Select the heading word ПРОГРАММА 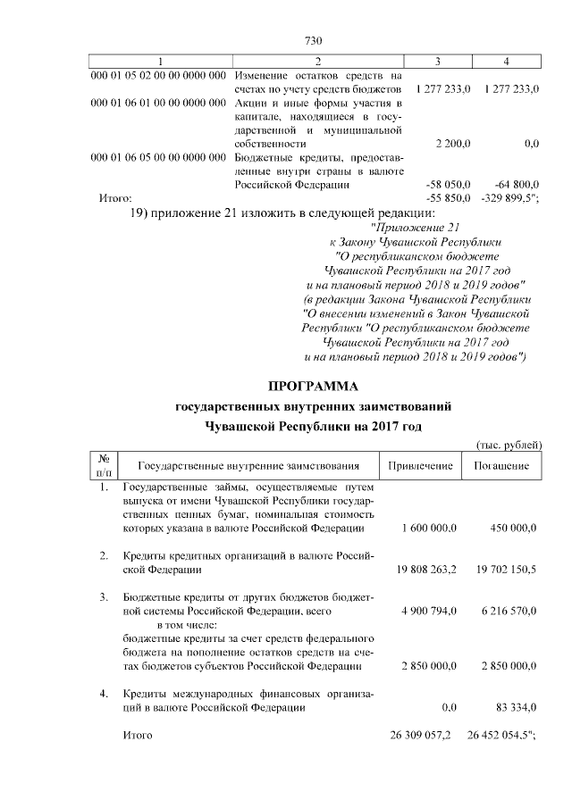tap(313, 387)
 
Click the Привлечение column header tap(420, 465)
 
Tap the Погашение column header tap(501, 465)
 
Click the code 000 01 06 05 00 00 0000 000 tap(158, 158)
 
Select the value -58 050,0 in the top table tap(450, 184)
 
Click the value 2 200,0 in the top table tap(453, 143)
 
